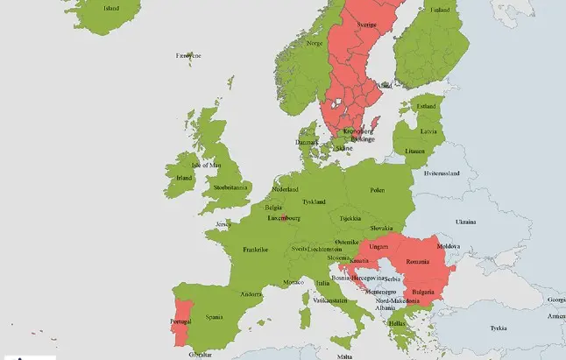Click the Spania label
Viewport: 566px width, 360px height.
[214, 316]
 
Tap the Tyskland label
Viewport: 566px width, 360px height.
[314, 201]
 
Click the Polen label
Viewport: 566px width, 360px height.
[377, 189]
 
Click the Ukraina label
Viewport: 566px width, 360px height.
[464, 222]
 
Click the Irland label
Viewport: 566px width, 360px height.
[184, 178]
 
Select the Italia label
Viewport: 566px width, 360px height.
[323, 283]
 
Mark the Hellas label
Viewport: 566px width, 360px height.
[397, 322]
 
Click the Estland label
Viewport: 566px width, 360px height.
[426, 107]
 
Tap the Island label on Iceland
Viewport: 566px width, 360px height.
[111, 9]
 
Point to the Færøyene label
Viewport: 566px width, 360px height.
[188, 55]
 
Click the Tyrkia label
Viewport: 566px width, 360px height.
[499, 328]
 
